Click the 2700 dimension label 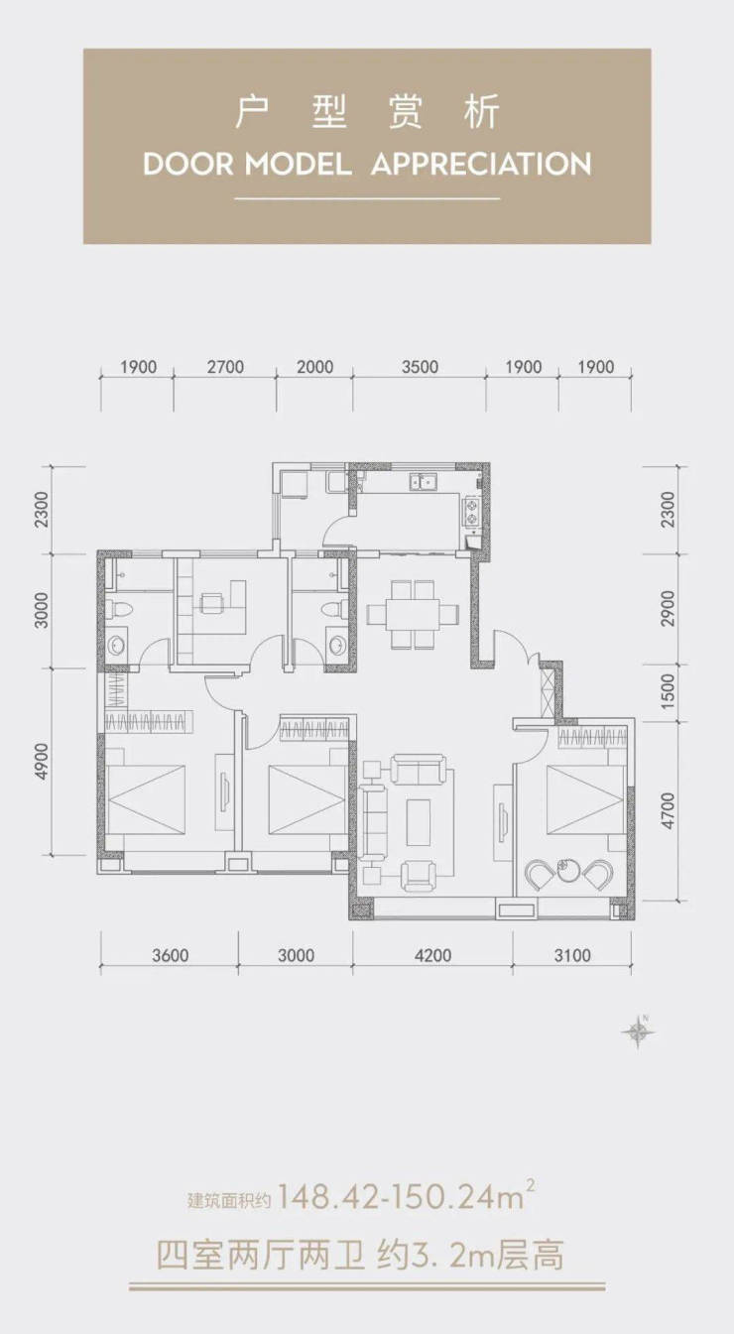226,367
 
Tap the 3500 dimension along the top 420,367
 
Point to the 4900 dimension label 43,761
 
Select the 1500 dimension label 669,691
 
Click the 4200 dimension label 433,956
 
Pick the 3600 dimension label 171,956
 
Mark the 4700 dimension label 669,810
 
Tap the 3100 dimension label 572,956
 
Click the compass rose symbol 639,1032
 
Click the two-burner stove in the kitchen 472,512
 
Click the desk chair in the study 209,603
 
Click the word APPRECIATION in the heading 481,164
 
